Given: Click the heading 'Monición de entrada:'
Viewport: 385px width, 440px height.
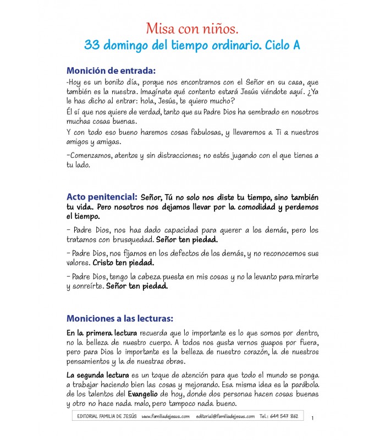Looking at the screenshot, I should click(111, 70).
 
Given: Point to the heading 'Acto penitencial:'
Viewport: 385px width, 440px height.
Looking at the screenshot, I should click(102, 196).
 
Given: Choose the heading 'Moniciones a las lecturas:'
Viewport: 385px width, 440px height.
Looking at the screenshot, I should click(119, 318).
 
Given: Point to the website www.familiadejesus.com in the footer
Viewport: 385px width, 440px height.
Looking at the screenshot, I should click(166, 416).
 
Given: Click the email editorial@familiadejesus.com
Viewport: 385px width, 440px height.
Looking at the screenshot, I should click(225, 416).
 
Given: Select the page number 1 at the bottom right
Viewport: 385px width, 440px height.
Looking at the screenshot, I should click(312, 419).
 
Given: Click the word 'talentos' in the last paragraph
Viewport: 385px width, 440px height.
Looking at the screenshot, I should click(111, 395).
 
